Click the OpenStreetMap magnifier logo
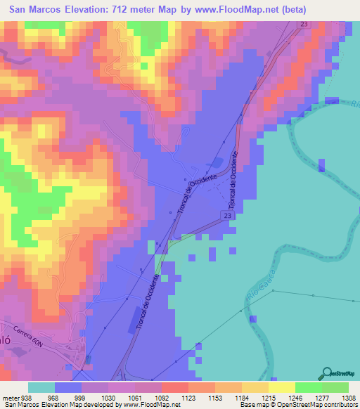pos(328,374)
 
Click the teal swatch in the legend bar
pos(41,387)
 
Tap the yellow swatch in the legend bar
pos(281,387)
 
